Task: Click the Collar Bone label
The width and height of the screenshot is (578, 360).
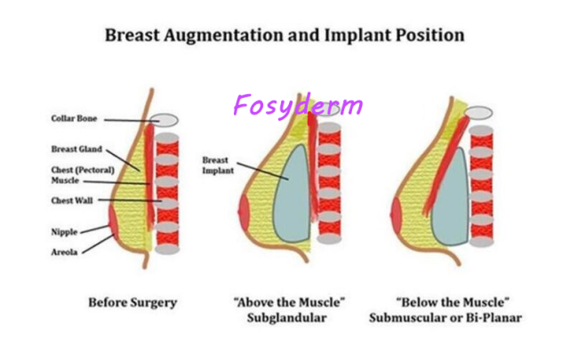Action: (74, 118)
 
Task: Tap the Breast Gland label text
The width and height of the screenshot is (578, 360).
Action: (76, 149)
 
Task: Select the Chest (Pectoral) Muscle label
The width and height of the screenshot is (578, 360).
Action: (83, 175)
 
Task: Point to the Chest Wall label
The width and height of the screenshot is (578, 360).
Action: (72, 201)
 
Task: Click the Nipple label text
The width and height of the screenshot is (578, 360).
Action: (65, 232)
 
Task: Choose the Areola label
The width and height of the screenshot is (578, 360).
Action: (65, 252)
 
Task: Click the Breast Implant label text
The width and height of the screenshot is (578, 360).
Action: (218, 165)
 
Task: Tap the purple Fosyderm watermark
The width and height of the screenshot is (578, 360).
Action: (298, 106)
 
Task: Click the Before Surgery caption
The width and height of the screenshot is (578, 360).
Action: (132, 303)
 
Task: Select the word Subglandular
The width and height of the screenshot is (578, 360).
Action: (287, 318)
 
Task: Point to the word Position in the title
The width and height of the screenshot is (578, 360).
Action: (429, 36)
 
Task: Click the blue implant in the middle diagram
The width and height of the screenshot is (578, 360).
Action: (293, 194)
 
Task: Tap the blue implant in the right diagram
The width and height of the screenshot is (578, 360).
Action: (451, 197)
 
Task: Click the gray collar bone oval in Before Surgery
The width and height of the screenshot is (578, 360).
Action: (165, 120)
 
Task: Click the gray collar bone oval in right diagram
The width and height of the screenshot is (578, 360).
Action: (478, 113)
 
